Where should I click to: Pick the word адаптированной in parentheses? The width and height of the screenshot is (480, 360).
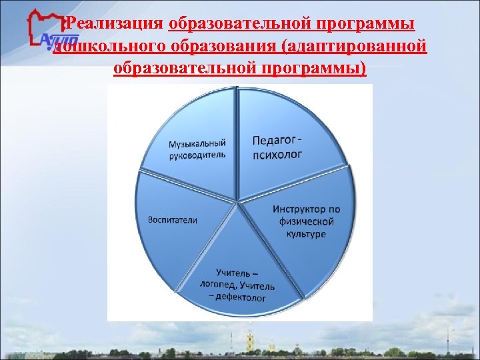point(353,47)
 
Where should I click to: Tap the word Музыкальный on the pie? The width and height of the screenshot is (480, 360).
point(197,143)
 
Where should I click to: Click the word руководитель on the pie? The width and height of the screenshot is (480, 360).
point(197,155)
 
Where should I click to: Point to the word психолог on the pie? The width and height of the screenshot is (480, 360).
point(277,155)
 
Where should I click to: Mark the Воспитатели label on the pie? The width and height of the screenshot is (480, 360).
point(173,220)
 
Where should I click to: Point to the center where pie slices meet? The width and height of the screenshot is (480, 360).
point(238,201)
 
